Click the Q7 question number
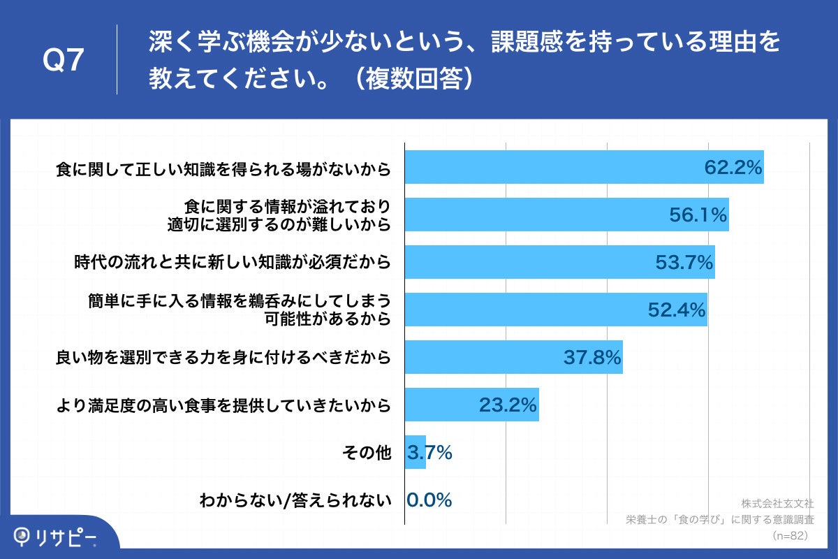click(64, 61)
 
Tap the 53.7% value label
click(684, 263)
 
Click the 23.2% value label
click(508, 405)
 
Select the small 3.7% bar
click(416, 452)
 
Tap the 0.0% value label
click(429, 500)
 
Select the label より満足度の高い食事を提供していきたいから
click(223, 405)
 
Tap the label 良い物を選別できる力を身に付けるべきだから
click(223, 358)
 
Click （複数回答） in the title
click(412, 78)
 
